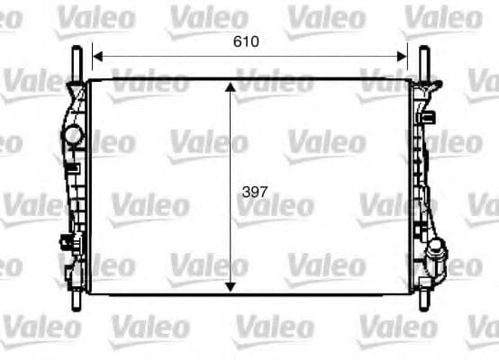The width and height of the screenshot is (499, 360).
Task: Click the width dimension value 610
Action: point(249,41)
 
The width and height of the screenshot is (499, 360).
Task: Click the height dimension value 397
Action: point(256,191)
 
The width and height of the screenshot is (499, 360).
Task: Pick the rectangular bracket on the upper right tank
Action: point(429,116)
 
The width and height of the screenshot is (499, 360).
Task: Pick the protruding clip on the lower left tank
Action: point(65,241)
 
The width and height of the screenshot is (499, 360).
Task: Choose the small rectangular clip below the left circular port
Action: point(72,167)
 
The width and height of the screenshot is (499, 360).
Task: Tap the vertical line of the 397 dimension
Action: point(231,144)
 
